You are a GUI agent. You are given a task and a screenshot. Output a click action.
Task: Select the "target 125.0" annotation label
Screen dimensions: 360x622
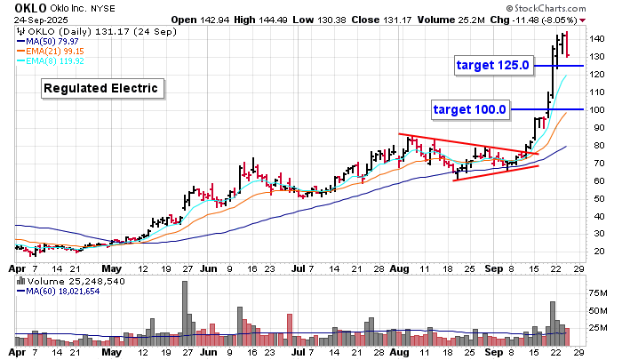492,65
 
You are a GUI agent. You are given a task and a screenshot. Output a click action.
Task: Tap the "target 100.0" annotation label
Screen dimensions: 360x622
469,109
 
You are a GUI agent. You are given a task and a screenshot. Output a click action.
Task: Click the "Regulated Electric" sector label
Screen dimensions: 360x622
102,88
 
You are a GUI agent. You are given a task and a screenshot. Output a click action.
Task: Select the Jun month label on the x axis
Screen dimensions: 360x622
208,266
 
